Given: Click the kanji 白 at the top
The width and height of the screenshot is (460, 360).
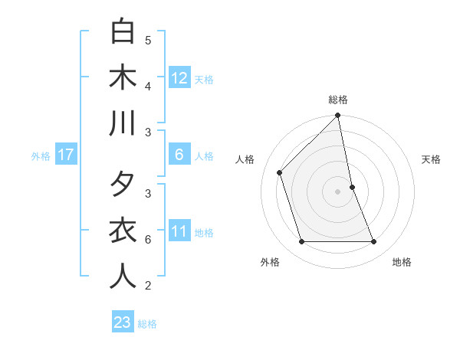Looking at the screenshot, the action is point(123,32).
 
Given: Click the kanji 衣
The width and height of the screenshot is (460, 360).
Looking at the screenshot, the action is point(123,231).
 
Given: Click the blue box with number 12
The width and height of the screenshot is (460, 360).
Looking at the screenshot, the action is point(179,77).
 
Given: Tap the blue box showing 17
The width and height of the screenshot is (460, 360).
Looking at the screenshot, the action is point(66,155).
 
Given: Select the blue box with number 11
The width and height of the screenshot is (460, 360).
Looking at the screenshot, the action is point(179,231).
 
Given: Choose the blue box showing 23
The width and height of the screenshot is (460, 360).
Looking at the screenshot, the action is point(123,322).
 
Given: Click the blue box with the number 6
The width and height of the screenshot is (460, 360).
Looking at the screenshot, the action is point(179,155).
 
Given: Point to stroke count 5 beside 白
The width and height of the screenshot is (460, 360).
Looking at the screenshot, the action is point(148,40).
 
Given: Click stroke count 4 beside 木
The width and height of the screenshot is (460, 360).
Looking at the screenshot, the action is point(148,86).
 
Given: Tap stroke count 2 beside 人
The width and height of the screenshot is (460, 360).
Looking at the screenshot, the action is point(148,286).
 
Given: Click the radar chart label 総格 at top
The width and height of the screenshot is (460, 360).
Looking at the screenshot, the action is point(338,100).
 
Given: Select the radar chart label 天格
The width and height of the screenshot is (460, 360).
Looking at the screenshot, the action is point(432,159).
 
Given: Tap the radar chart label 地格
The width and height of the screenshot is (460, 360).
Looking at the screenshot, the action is point(402,262).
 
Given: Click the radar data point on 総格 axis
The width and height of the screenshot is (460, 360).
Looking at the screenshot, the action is point(338,116).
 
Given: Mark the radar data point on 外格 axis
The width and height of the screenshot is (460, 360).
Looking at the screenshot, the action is point(301,242).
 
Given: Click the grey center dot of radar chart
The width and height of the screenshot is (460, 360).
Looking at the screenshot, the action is point(338,191).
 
